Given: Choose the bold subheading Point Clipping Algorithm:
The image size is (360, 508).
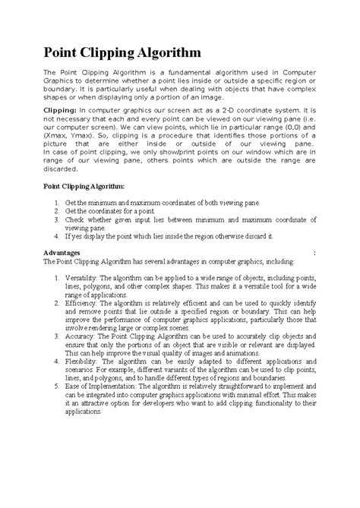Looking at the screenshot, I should pos(88,185).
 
